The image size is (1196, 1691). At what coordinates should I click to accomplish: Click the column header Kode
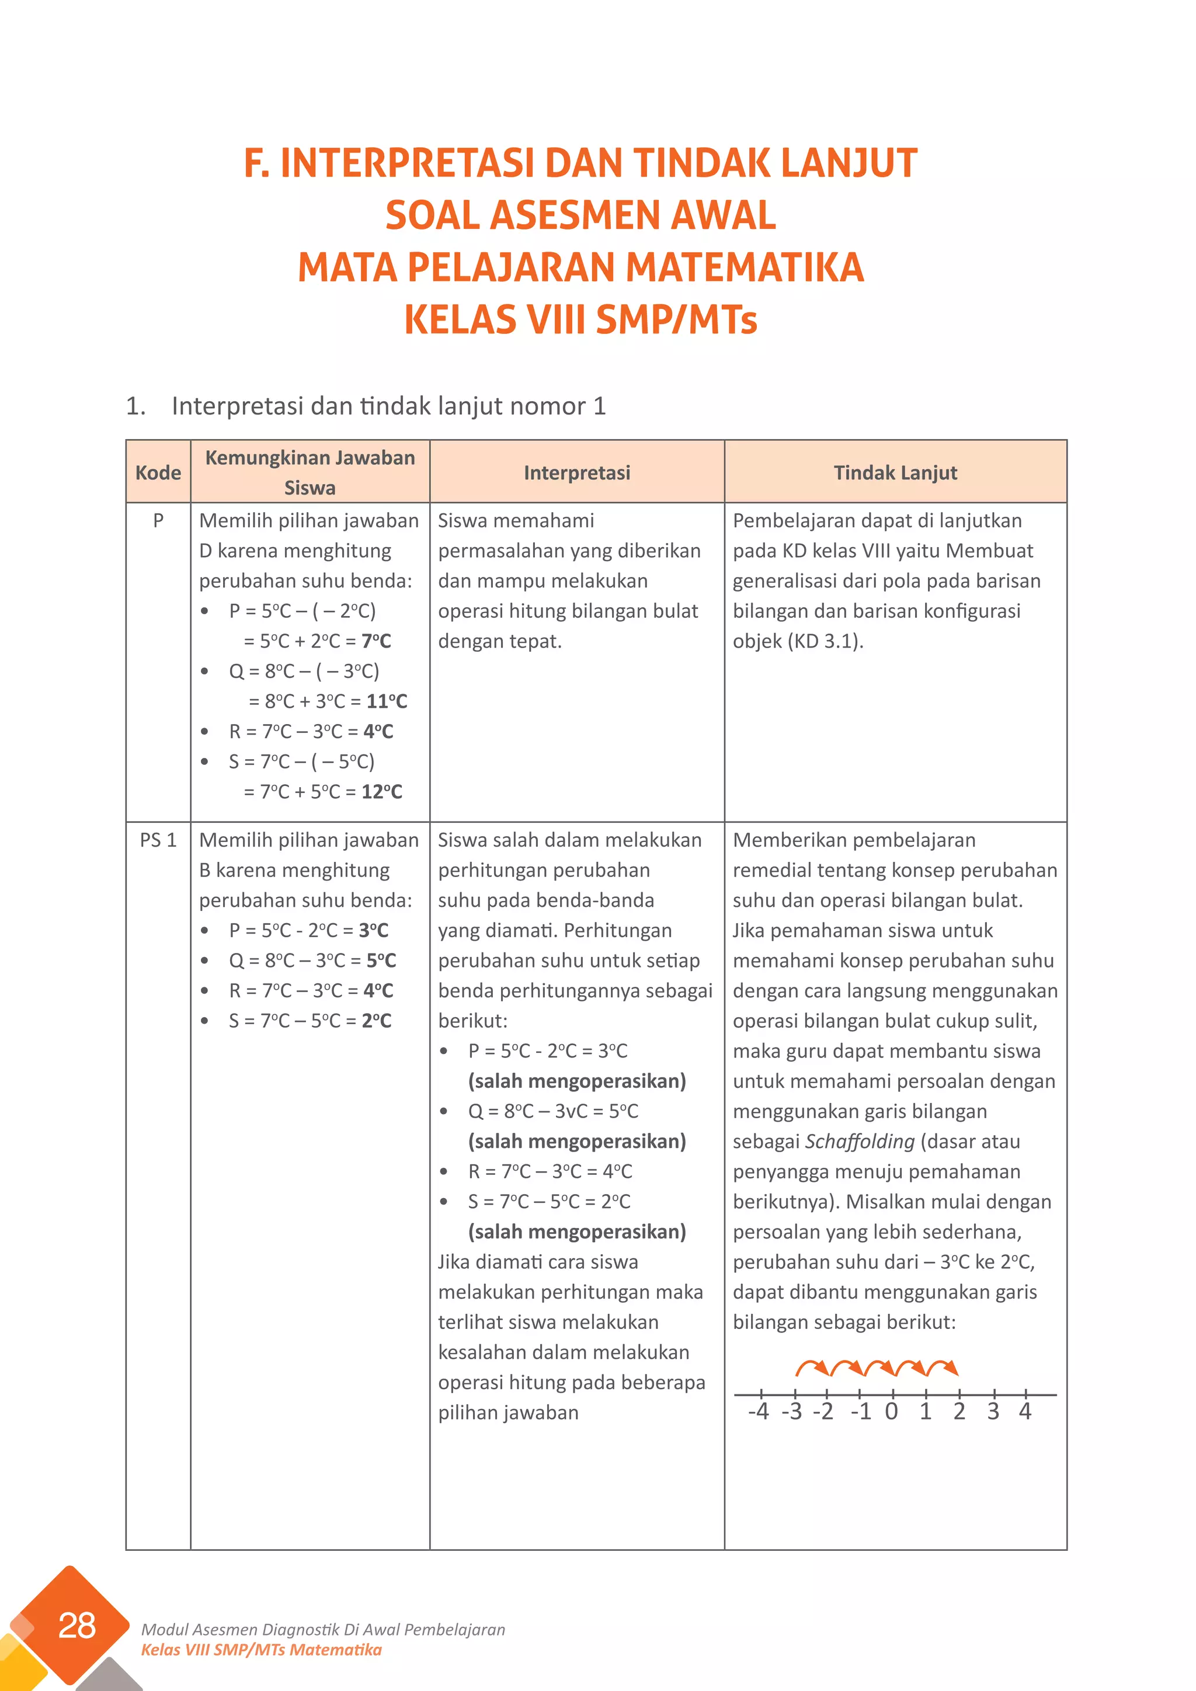point(158,473)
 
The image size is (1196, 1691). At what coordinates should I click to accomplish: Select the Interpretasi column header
point(576,473)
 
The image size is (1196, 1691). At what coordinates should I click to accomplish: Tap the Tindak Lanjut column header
point(895,473)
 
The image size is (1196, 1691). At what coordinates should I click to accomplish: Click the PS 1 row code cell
point(158,840)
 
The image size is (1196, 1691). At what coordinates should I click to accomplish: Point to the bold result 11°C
point(387,701)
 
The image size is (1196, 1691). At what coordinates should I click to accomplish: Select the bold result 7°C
point(376,641)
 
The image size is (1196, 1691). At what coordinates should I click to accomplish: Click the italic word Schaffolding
point(860,1142)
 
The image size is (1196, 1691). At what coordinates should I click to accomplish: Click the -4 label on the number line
point(758,1412)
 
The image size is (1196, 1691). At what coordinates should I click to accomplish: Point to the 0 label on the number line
point(891,1412)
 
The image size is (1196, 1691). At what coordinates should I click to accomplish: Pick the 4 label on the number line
point(1025,1412)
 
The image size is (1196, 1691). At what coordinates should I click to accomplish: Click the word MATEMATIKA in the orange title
point(744,267)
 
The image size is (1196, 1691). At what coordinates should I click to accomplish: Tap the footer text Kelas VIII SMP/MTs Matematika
point(262,1650)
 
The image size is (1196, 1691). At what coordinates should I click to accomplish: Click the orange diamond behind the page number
point(44,1617)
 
